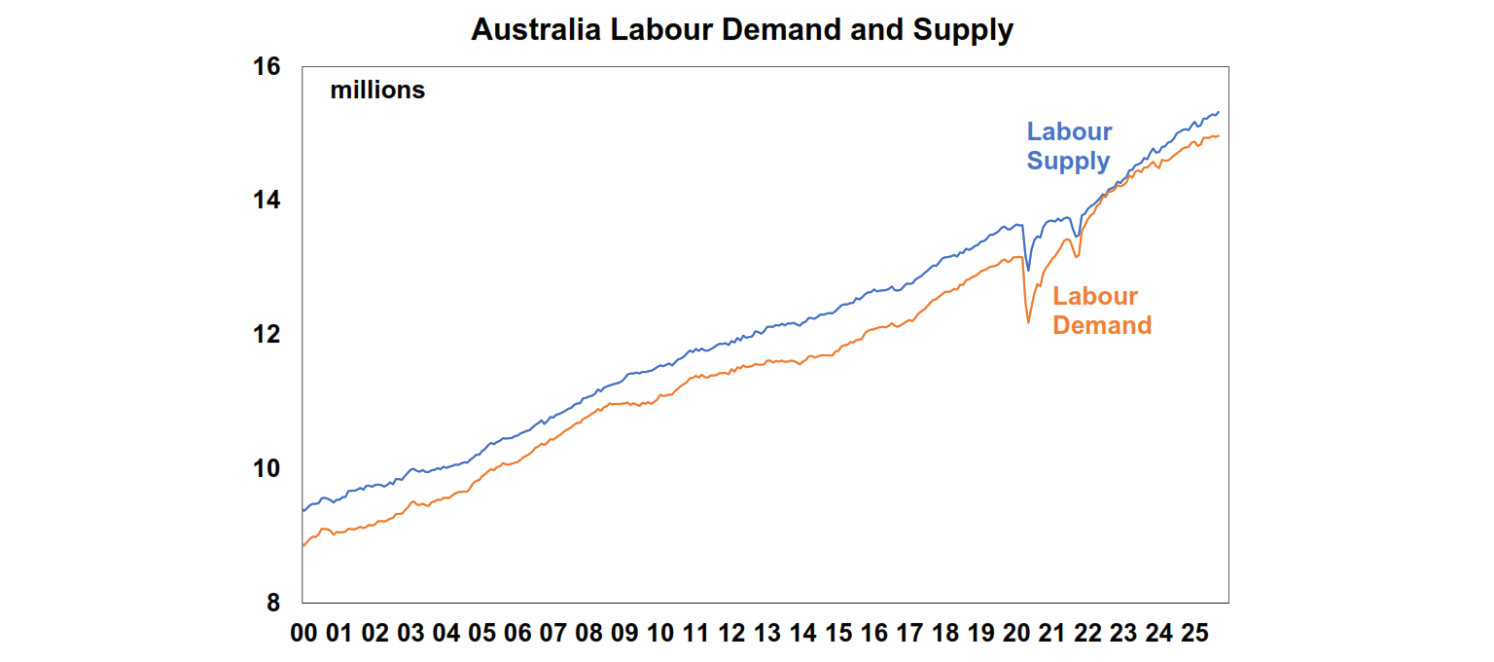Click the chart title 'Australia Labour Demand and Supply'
[741, 30]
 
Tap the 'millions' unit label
[377, 91]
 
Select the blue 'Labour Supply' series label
[1069, 146]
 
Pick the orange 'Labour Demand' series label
[1101, 311]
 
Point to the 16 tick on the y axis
[267, 67]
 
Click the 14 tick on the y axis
[267, 201]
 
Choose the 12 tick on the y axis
[267, 335]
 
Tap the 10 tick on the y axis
[267, 468]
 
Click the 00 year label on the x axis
[303, 634]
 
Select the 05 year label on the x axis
[481, 634]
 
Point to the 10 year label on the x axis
[659, 634]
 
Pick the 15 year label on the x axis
[837, 634]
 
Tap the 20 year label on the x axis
[1015, 634]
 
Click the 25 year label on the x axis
[1193, 634]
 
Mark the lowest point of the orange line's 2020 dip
[1028, 322]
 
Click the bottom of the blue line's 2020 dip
[1028, 271]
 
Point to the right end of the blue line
[1219, 112]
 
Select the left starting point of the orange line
[303, 545]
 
